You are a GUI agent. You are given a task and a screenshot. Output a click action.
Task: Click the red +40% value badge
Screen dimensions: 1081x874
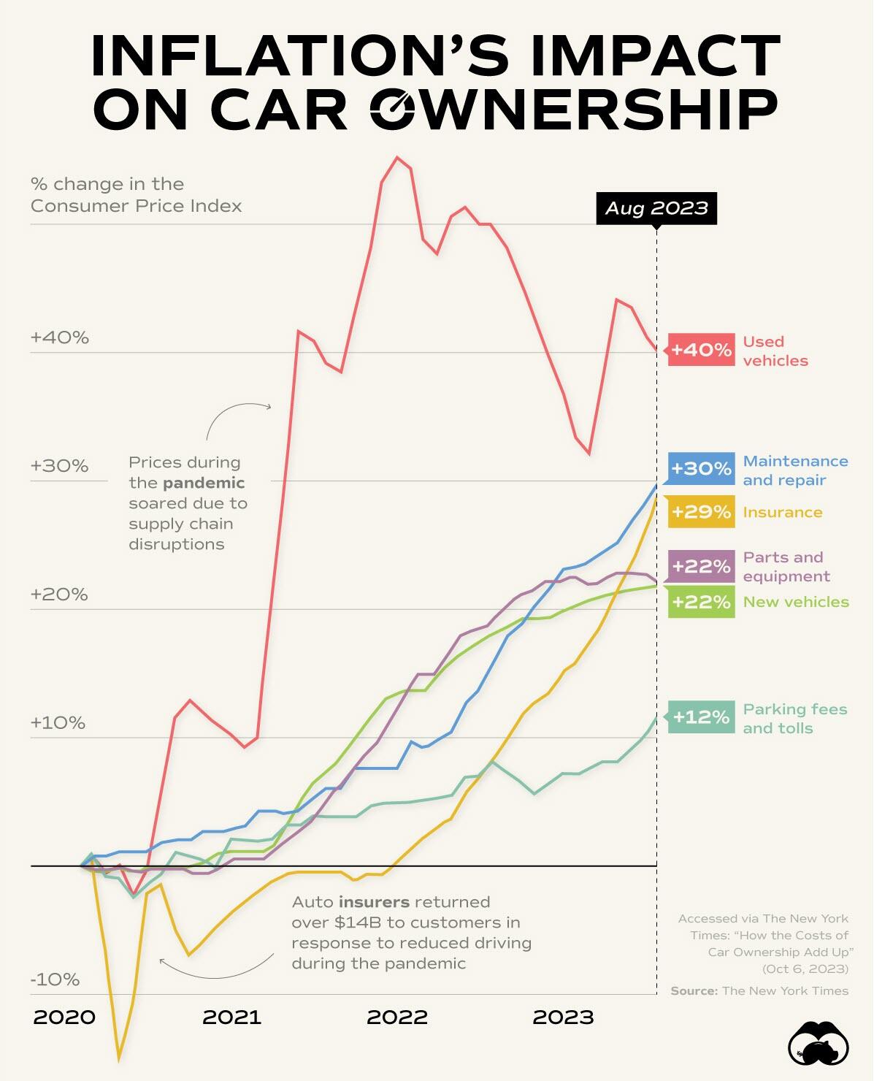click(701, 350)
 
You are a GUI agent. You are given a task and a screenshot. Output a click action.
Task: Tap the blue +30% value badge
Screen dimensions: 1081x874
click(701, 468)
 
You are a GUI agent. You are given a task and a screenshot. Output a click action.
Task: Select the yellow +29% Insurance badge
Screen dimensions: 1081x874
click(701, 511)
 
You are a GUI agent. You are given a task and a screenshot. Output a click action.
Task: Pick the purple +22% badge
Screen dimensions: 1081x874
click(701, 566)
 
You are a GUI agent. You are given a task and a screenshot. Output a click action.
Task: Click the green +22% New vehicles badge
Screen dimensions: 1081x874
click(701, 602)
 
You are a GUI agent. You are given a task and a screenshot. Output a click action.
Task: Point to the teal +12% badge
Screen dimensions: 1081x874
click(701, 717)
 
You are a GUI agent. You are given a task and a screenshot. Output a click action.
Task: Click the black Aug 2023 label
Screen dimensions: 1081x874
click(656, 209)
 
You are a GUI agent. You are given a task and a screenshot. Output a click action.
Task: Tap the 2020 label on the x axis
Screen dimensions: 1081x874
click(64, 1017)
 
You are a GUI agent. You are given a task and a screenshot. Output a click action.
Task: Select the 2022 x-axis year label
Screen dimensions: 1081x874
click(396, 1017)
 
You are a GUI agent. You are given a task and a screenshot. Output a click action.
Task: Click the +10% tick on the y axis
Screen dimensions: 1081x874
click(58, 723)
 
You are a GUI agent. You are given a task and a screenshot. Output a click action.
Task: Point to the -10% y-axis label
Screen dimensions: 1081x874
click(55, 979)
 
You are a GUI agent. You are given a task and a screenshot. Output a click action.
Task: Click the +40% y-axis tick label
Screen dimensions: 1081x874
click(59, 337)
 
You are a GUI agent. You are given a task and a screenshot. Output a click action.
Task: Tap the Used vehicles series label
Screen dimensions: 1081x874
click(775, 351)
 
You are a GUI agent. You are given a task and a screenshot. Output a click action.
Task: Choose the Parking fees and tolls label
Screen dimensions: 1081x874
click(794, 719)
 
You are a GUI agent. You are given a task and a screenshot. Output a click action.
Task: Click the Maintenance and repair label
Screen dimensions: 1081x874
click(795, 470)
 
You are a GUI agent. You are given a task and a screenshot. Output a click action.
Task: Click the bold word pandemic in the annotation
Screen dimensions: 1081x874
click(204, 483)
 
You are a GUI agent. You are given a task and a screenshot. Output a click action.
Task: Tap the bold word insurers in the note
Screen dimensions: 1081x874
click(373, 902)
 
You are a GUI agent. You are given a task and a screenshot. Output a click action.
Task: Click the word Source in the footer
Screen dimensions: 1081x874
click(694, 991)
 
